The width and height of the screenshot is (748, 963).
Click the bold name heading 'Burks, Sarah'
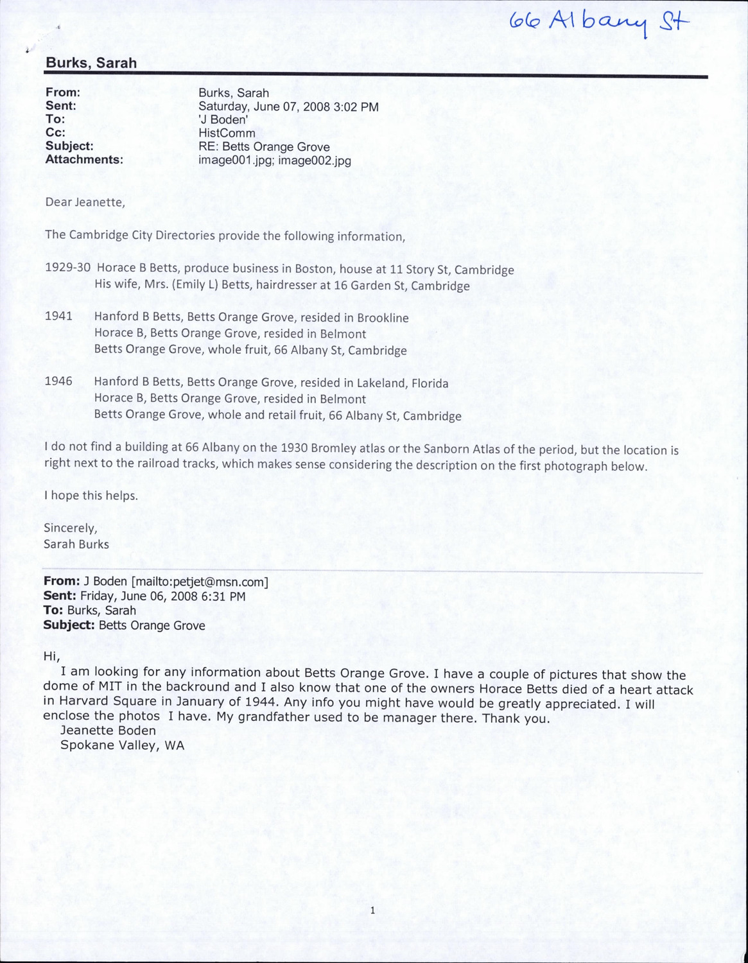91,63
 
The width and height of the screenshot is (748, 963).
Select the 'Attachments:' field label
83,160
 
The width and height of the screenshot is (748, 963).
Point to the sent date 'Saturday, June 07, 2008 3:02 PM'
288,107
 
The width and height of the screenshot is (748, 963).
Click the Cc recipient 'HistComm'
227,134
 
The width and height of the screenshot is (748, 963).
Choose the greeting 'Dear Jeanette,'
84,202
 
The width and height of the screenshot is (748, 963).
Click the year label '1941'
58,317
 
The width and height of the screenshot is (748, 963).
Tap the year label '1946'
58,382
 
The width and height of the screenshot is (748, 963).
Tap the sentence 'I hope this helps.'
91,496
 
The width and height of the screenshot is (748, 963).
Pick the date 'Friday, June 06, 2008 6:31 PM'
163,596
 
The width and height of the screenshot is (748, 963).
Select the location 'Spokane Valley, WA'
122,745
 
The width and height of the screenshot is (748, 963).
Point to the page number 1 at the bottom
372,910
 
